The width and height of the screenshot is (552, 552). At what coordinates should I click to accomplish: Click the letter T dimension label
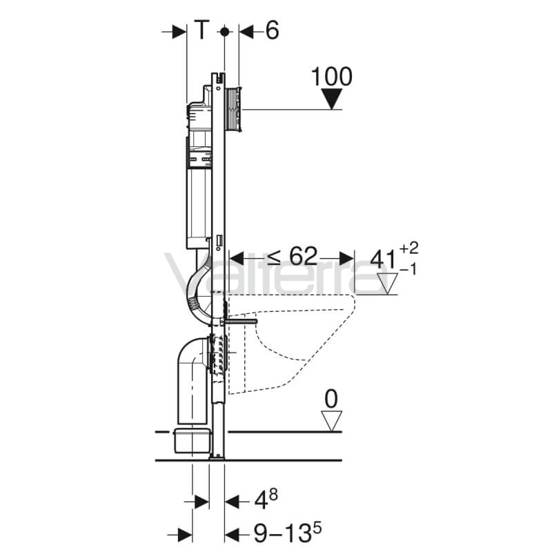[x=202, y=30]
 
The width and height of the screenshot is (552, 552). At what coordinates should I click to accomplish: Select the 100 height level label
[x=332, y=77]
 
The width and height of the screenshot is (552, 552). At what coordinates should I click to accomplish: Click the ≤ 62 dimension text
[x=292, y=256]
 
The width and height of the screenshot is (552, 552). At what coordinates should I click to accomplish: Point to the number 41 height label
[x=384, y=261]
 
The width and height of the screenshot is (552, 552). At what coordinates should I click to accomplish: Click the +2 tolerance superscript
[x=409, y=248]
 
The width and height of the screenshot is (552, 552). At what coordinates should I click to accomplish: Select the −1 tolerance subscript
[x=408, y=270]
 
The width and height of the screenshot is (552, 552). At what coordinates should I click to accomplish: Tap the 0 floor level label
[x=331, y=399]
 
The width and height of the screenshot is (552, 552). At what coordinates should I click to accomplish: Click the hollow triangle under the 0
[x=331, y=421]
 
